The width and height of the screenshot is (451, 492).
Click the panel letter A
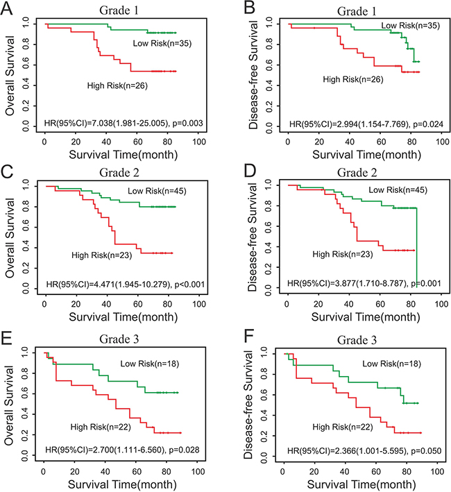pyautogui.click(x=8, y=9)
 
